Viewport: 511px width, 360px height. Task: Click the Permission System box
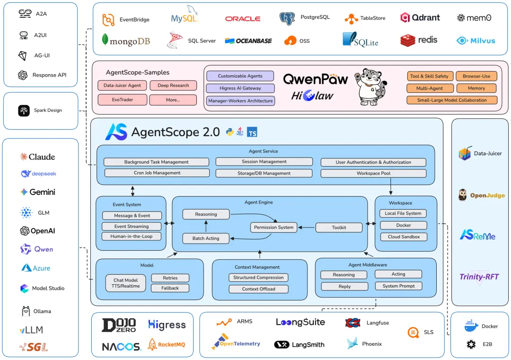pos(274,228)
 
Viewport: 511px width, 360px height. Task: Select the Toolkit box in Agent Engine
pos(339,228)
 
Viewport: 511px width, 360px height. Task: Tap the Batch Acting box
pos(206,238)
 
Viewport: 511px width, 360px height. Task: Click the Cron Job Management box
pos(157,173)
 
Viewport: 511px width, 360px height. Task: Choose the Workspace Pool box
pos(373,173)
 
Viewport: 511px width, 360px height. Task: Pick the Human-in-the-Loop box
pos(132,236)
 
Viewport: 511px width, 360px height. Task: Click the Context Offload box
pos(258,289)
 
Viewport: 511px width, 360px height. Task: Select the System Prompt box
pos(398,286)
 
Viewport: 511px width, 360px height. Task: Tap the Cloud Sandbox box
pos(404,237)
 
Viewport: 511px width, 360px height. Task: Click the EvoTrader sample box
pos(122,100)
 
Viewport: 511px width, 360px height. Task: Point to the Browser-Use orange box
pos(476,76)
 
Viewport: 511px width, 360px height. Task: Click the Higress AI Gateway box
pos(240,88)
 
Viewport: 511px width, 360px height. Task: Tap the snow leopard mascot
pos(371,87)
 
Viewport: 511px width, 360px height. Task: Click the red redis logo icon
pos(408,40)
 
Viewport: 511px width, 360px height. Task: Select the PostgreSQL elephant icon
pos(287,18)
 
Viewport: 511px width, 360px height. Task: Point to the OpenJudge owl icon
pos(462,195)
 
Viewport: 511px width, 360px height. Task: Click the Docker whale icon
pos(471,326)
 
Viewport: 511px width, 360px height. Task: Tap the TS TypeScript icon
pos(252,132)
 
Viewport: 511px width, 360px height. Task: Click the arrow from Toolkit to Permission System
pos(307,228)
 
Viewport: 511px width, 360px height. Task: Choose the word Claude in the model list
pos(42,157)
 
